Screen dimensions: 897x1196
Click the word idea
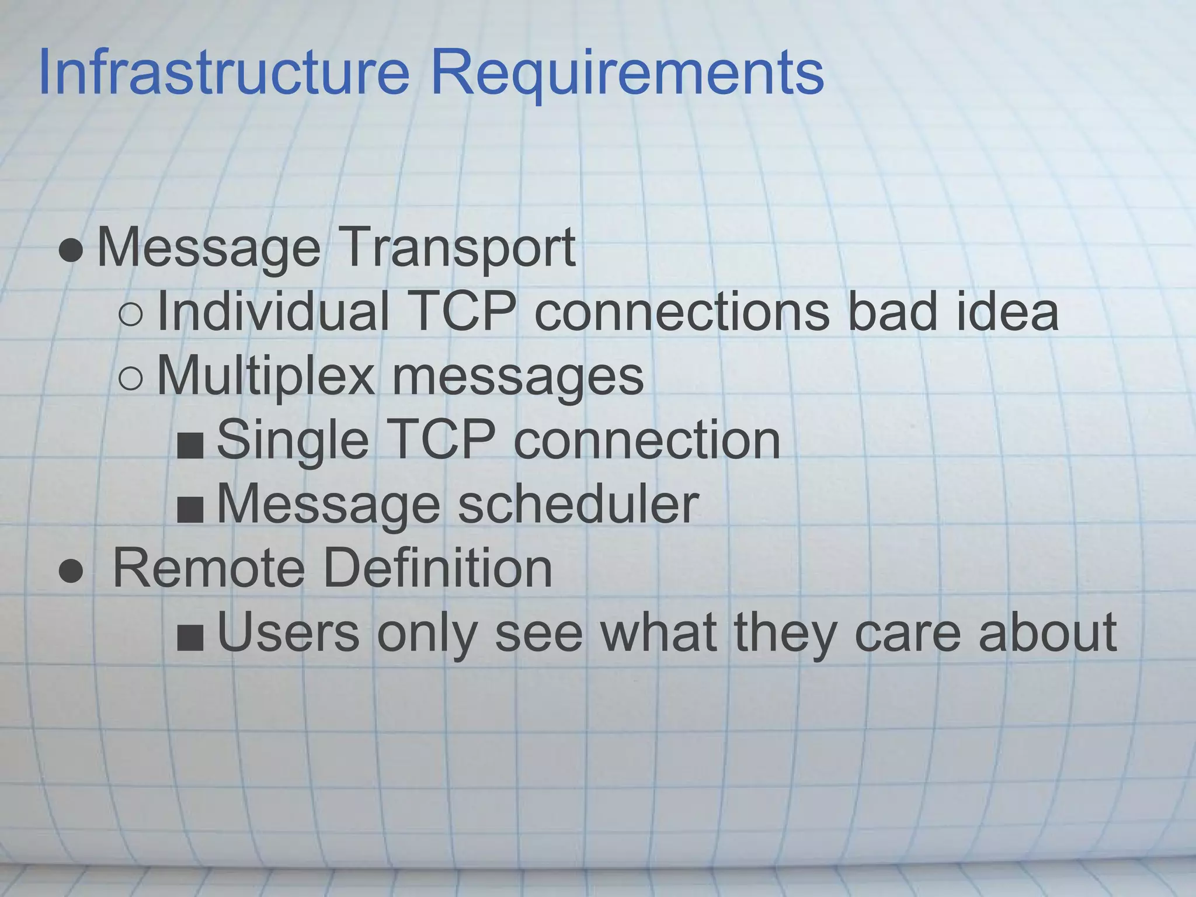tap(1007, 311)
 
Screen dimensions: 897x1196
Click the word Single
tap(293, 441)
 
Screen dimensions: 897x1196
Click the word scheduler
tap(578, 503)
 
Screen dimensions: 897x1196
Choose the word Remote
tap(208, 568)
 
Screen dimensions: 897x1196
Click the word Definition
tap(437, 568)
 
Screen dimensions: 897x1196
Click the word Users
tap(288, 632)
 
